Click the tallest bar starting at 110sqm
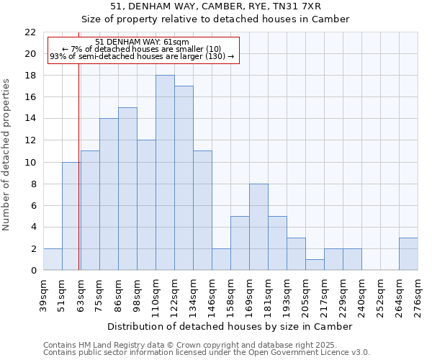[165, 173]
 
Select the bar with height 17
[184, 178]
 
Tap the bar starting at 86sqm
[127, 189]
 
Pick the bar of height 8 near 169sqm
[258, 227]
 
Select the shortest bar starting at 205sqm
[315, 264]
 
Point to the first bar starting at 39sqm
[53, 259]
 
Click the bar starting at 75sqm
[109, 194]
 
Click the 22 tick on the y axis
[30, 32]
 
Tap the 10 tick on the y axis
[30, 162]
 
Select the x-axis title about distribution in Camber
[230, 326]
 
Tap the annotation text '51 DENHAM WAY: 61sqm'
[142, 42]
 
